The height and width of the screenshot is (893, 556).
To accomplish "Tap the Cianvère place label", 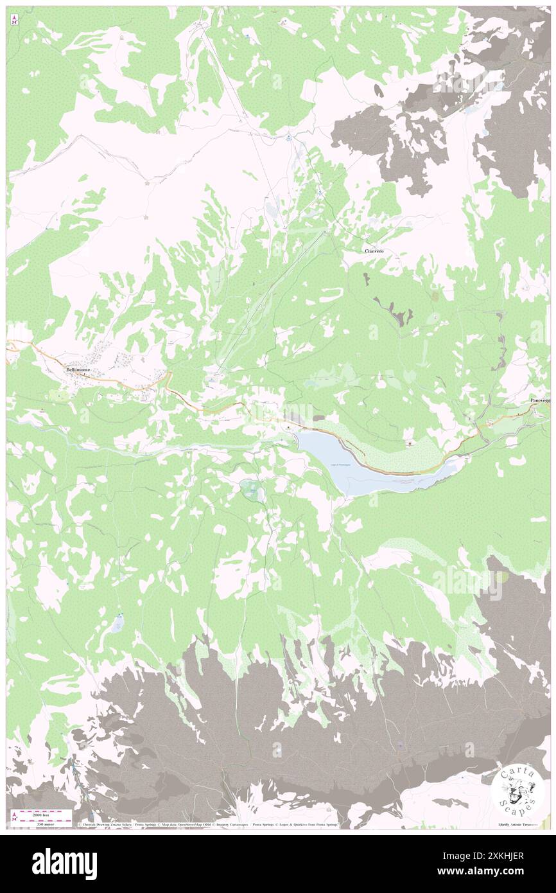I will [374, 251].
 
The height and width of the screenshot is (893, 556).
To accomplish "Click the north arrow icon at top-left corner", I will [14, 21].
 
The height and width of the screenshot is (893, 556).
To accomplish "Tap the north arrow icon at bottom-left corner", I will [14, 817].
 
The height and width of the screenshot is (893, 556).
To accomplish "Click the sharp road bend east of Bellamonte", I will [169, 379].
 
